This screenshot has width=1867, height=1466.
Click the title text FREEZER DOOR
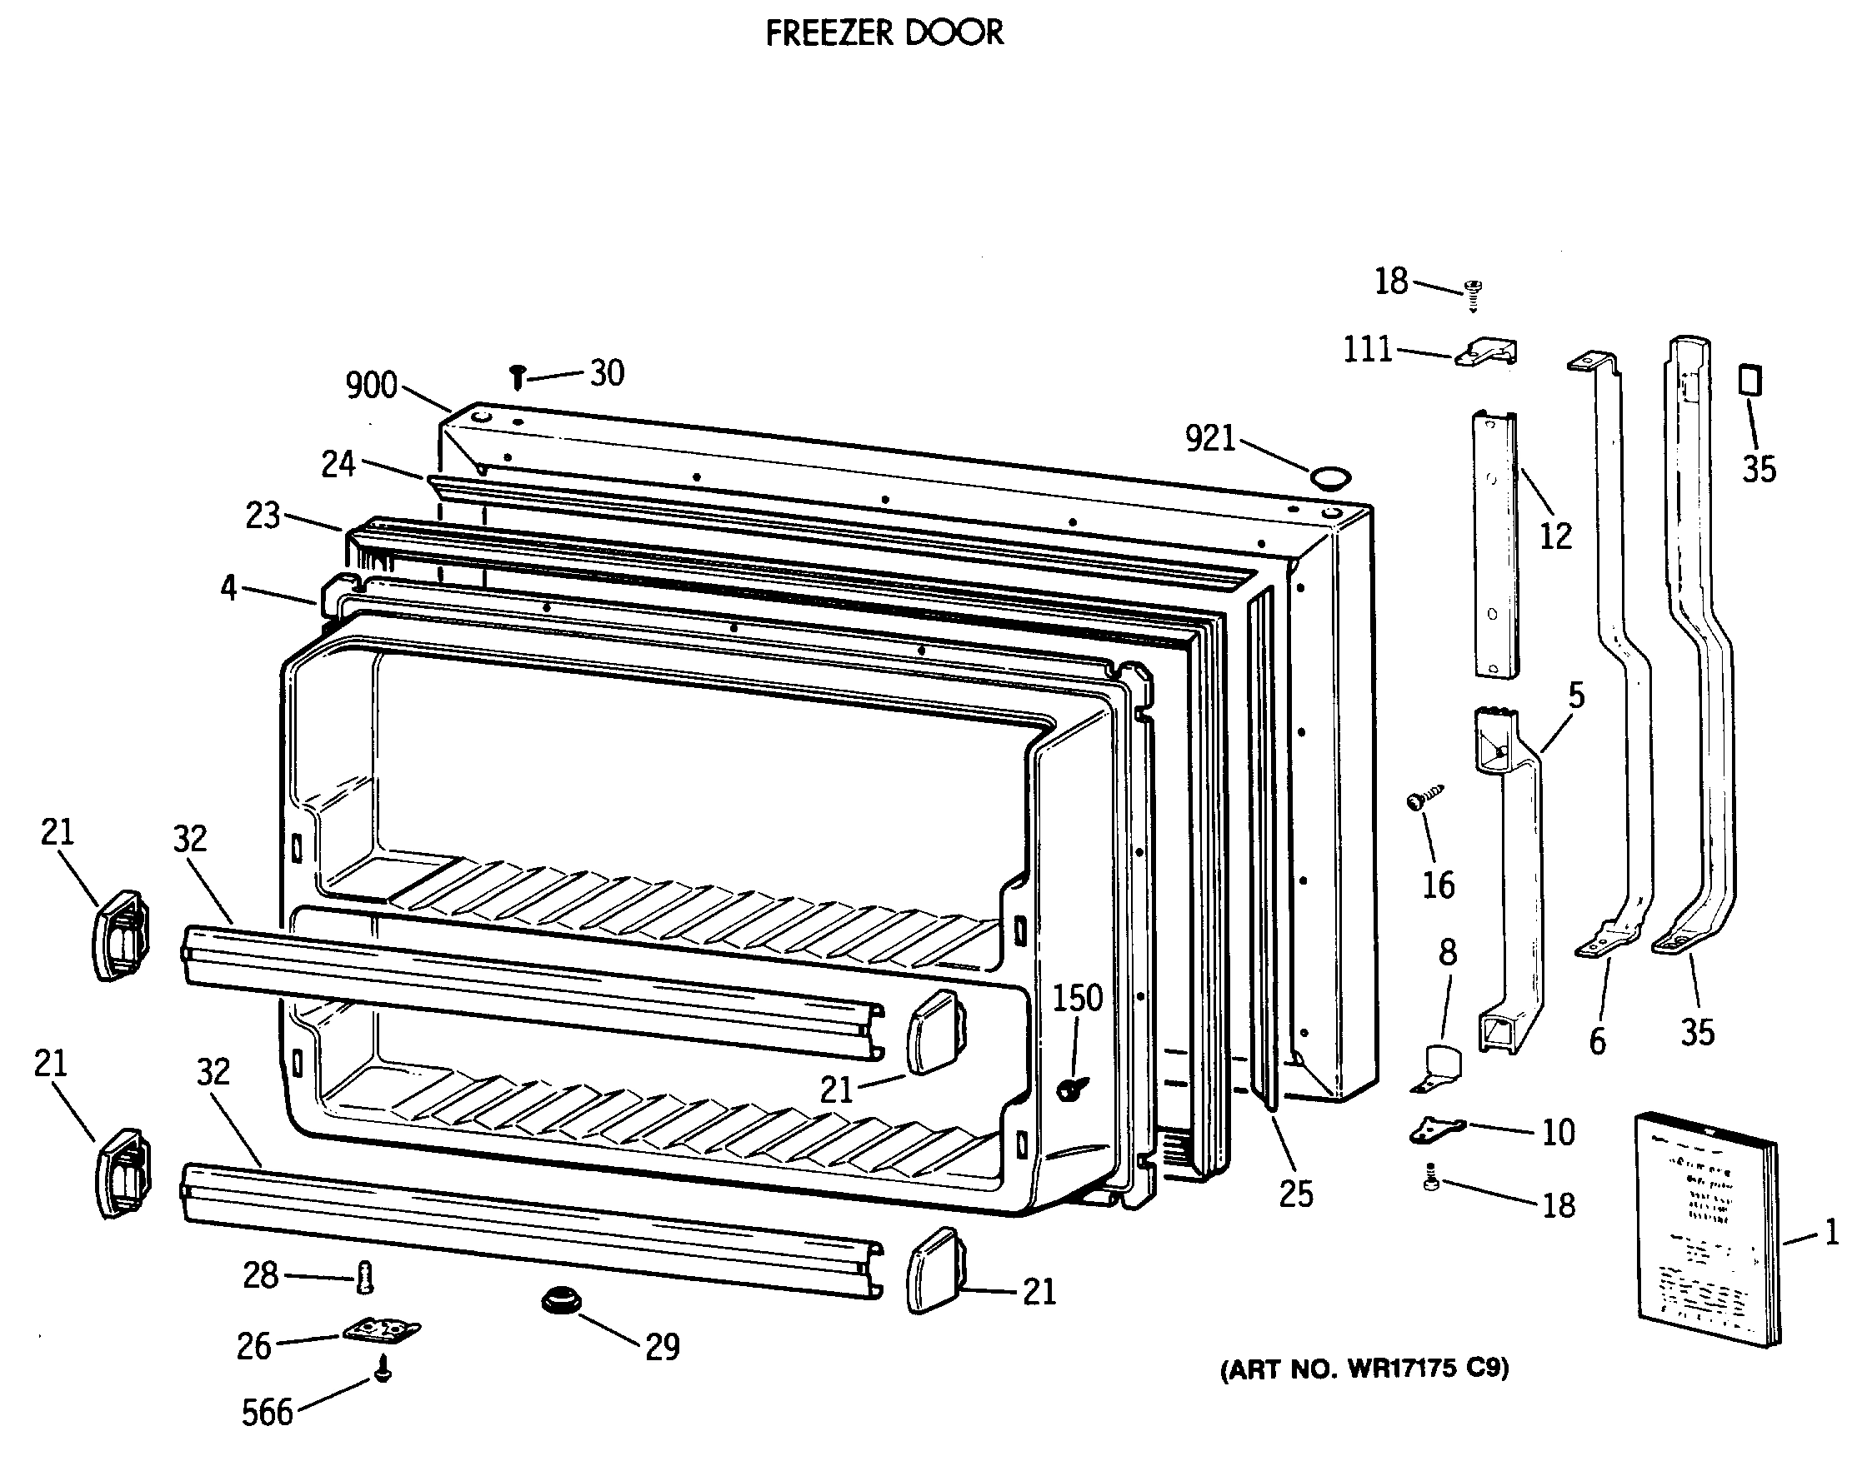tap(883, 33)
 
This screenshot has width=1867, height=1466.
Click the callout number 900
tap(371, 386)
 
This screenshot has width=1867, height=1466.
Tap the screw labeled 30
tap(518, 376)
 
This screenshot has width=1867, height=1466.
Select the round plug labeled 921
tap(1329, 477)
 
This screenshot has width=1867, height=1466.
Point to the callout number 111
tap(1367, 349)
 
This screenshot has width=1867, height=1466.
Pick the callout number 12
tap(1555, 536)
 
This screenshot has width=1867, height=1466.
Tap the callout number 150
tap(1077, 998)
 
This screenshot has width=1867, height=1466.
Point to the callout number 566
tap(267, 1412)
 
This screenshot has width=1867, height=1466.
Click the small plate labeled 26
tap(381, 1331)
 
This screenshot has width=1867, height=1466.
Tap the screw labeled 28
tap(365, 1278)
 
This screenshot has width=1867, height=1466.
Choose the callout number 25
tap(1295, 1193)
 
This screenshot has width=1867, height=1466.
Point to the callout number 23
tap(263, 516)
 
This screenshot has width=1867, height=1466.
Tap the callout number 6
tap(1596, 1042)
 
